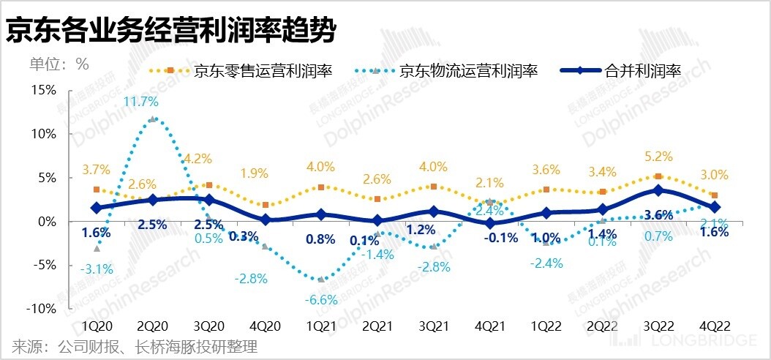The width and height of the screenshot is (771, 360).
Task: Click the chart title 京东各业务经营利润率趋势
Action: click(x=171, y=31)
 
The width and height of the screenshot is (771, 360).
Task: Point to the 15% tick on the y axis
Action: click(x=42, y=90)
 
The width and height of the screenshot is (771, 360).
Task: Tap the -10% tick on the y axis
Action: click(x=40, y=309)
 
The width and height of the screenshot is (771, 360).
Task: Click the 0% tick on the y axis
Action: click(x=45, y=221)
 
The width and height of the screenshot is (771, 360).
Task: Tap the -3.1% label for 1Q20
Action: click(x=96, y=269)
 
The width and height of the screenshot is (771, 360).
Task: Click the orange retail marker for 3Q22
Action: click(x=658, y=176)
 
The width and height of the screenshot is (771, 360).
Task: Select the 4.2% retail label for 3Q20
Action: click(x=198, y=158)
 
